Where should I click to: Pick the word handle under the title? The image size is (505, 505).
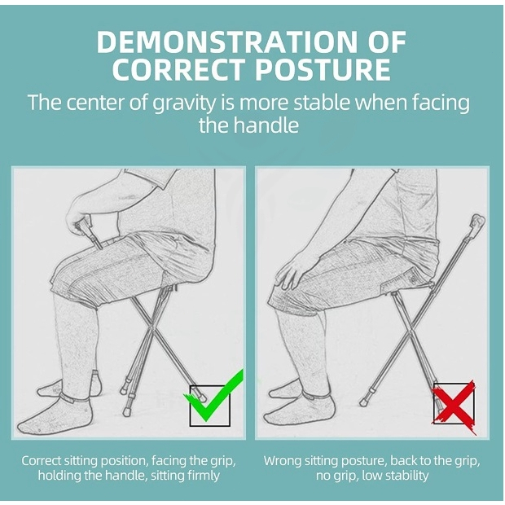[266, 125]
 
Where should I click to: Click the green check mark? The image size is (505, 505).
[213, 396]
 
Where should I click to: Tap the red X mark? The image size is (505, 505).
[454, 406]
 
